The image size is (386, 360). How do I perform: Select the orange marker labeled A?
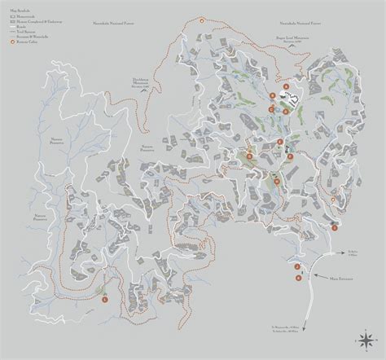click(x=286, y=86)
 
